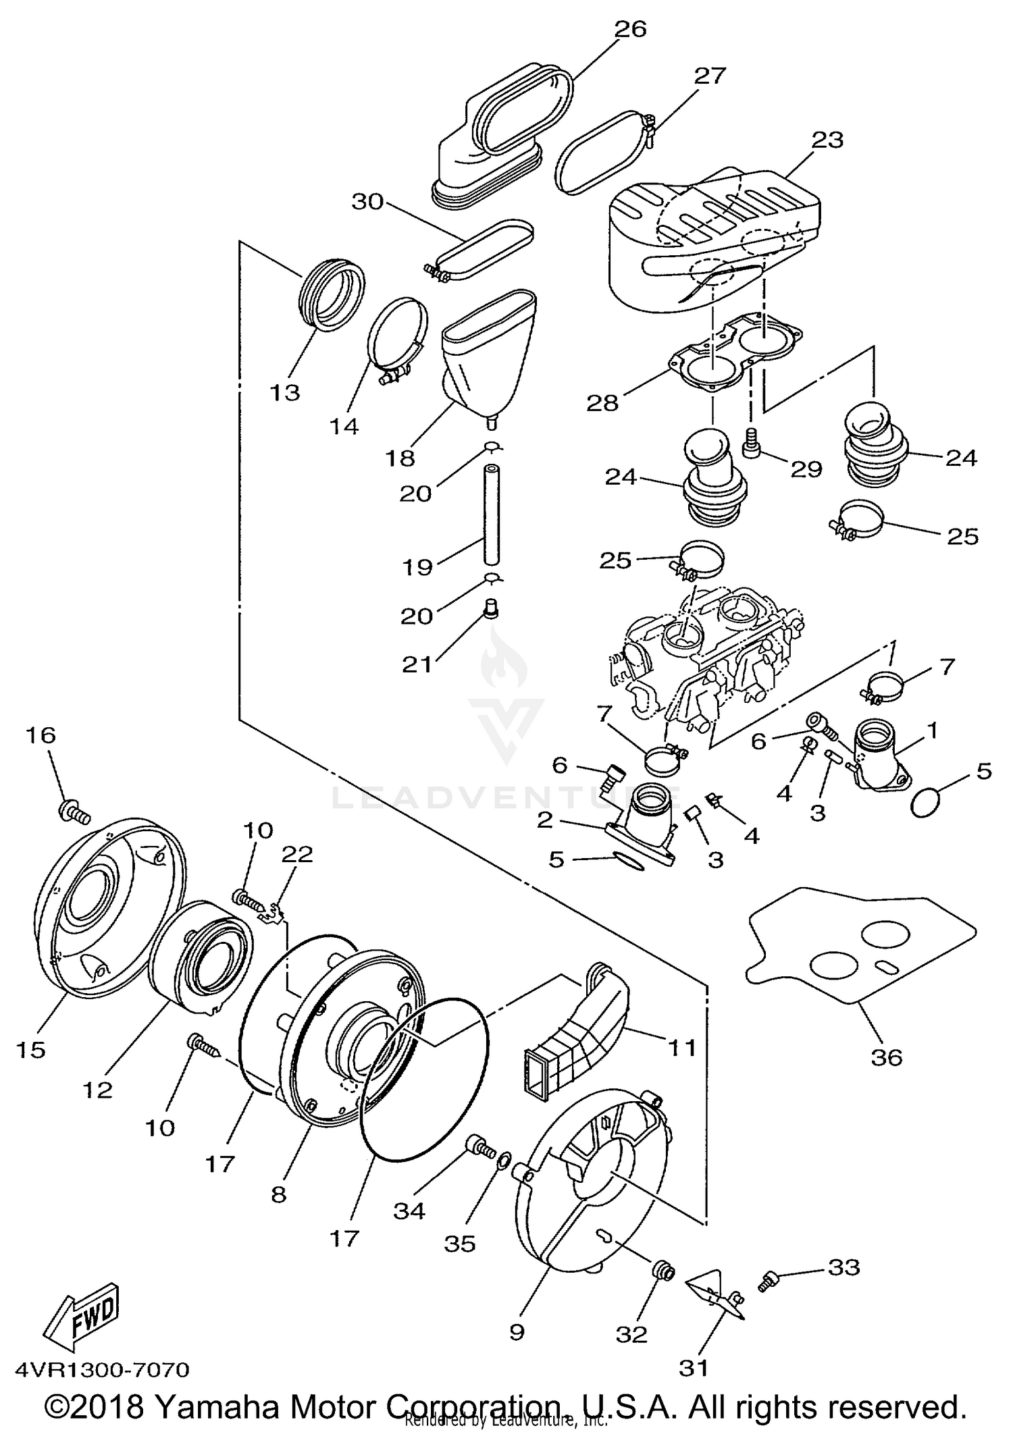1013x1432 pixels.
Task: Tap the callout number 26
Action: (630, 29)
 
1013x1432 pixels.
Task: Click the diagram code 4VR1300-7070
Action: (102, 1369)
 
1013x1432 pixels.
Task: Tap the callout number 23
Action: (827, 140)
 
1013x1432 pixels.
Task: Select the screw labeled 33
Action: (769, 1280)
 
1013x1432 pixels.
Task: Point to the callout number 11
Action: (681, 1047)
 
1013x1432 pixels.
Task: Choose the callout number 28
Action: (602, 403)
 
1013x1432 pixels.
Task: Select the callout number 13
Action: (284, 392)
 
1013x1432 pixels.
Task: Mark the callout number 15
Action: (31, 1050)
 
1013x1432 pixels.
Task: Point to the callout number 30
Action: (367, 201)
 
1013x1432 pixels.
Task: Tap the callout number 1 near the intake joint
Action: (932, 730)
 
